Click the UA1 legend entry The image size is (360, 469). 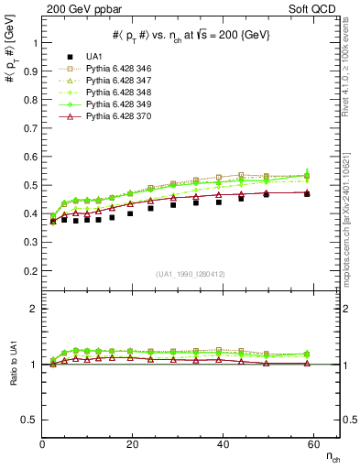(96, 57)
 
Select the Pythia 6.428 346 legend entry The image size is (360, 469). (118, 69)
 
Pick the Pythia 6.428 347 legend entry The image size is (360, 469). (118, 81)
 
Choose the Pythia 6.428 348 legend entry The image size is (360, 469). (118, 93)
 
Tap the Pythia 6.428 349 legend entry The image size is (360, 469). (118, 104)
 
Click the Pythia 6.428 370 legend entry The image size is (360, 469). (118, 116)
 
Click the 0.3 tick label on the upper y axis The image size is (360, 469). (31, 243)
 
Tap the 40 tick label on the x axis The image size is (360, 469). (220, 442)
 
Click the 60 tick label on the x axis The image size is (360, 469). (310, 442)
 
